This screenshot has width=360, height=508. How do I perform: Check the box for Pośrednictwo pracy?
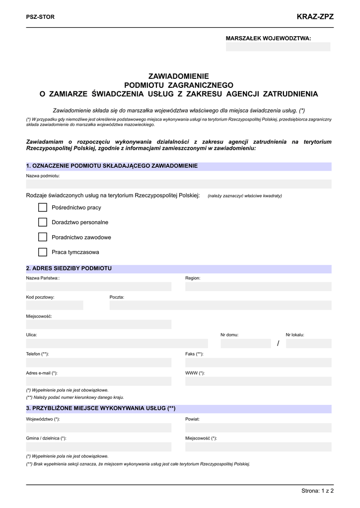[x=42, y=207]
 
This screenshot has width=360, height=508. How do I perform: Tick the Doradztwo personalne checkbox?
[x=42, y=222]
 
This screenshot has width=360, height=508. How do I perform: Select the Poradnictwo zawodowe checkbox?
[x=42, y=237]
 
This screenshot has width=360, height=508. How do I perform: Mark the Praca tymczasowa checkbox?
[x=42, y=252]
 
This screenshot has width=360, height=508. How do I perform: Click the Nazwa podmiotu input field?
[x=179, y=184]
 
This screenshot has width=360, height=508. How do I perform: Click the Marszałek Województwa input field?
[x=278, y=47]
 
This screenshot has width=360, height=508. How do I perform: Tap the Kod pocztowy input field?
[x=55, y=306]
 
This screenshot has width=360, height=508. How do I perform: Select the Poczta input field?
[x=220, y=306]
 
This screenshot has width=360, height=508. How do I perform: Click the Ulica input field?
[x=117, y=343]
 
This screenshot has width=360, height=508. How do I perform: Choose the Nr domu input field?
[x=246, y=343]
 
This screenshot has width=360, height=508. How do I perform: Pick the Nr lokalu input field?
[x=308, y=343]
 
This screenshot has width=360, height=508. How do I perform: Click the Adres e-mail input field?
[x=98, y=381]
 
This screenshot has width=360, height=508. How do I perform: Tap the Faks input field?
[x=258, y=362]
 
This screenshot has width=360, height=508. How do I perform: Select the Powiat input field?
[x=258, y=428]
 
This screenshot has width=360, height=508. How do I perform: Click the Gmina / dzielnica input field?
[x=98, y=447]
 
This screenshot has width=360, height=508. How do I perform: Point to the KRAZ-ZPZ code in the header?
[x=315, y=17]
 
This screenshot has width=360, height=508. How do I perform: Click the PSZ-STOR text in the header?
[x=40, y=17]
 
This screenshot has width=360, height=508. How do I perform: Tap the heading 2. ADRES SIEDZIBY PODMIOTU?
[x=69, y=268]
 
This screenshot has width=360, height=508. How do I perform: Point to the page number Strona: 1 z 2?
[x=317, y=491]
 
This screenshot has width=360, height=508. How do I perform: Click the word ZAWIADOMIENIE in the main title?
[x=179, y=76]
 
